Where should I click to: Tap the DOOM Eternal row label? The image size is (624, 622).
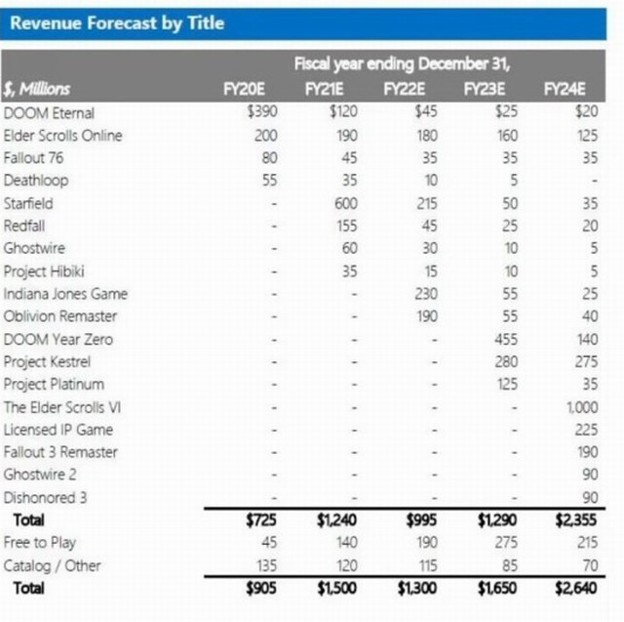[x=50, y=112]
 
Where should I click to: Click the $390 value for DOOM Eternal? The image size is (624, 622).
[x=263, y=112]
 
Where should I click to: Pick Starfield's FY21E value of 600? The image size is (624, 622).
[x=345, y=203]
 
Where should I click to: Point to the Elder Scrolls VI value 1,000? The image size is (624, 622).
[x=582, y=407]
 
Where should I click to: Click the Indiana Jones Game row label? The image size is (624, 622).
[x=65, y=294]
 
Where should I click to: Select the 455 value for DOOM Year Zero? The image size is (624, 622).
[x=504, y=340]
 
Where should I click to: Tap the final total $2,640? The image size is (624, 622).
[x=575, y=588]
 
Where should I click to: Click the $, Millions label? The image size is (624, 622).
[x=37, y=89]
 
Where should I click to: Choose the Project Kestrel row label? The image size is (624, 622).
[x=54, y=362]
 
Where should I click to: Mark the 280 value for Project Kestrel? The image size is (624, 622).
[x=504, y=362]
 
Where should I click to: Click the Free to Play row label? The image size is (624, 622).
[x=40, y=543]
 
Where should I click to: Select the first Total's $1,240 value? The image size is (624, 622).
[x=337, y=520]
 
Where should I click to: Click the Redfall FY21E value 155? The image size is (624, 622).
[x=346, y=226]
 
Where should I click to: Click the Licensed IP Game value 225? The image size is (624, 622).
[x=586, y=430]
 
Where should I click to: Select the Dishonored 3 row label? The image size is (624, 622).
[x=46, y=497]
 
